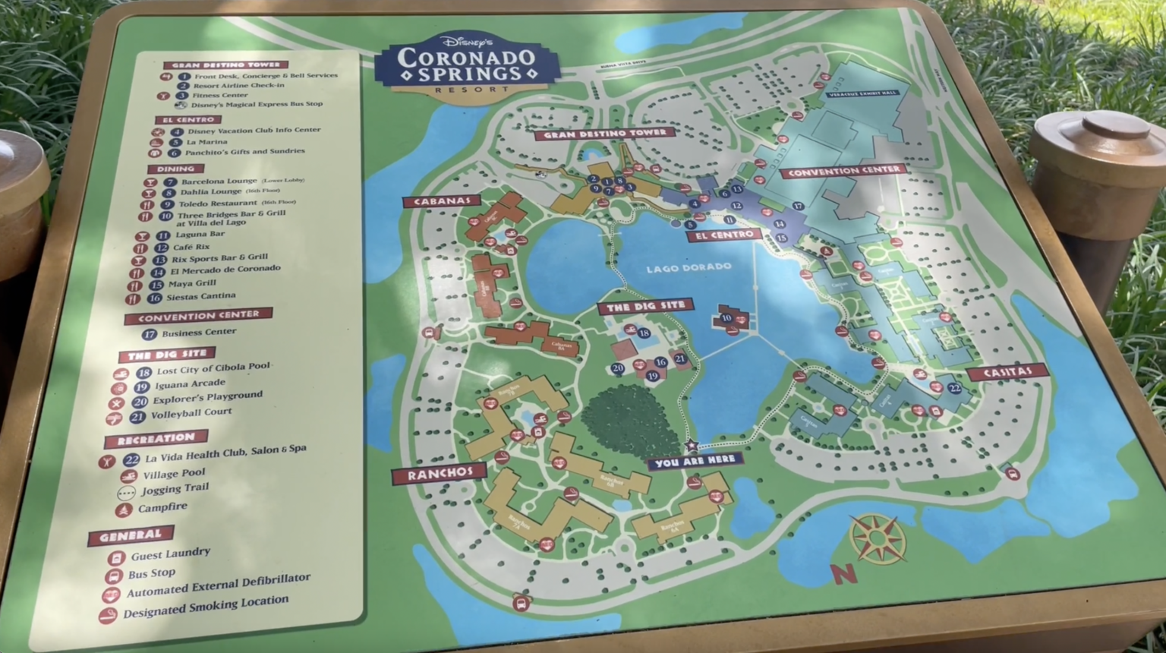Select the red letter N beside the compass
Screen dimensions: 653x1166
[x=843, y=573]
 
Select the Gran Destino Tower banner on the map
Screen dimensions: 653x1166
[x=604, y=134]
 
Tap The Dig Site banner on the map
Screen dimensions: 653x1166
[x=644, y=307]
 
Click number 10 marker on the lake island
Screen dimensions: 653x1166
[x=726, y=318]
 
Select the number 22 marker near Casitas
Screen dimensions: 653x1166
[x=954, y=389]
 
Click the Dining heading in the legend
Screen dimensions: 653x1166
[x=176, y=169]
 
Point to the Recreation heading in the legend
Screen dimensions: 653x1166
[x=156, y=439]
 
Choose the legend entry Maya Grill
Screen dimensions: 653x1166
[x=192, y=283]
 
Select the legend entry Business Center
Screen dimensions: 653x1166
[x=198, y=332]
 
